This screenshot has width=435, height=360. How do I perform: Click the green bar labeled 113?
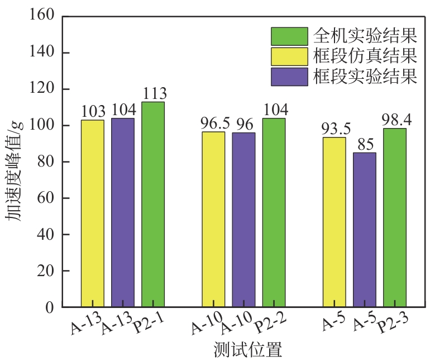pos(153,204)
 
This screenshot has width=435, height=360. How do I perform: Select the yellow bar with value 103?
pos(92,214)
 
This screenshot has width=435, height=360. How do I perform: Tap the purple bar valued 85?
pos(365,230)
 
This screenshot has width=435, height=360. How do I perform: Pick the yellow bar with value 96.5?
pos(213,219)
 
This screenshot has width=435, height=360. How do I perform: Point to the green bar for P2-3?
pos(395,217)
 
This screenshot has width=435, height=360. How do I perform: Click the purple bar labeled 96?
pos(243,220)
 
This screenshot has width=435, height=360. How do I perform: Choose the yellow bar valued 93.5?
pos(334,222)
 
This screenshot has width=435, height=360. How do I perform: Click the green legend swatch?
pos(289,36)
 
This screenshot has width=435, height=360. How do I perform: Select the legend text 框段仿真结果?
pos(365,56)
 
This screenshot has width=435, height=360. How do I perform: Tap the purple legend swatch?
pos(289,76)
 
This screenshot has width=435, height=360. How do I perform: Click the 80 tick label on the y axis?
pos(46,162)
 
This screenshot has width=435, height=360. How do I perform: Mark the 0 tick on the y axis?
pos(50,307)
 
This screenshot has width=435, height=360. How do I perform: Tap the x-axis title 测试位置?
pos(248,349)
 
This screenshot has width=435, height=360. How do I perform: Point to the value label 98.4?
pos(395,119)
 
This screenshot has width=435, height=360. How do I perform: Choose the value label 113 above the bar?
pos(154,93)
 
